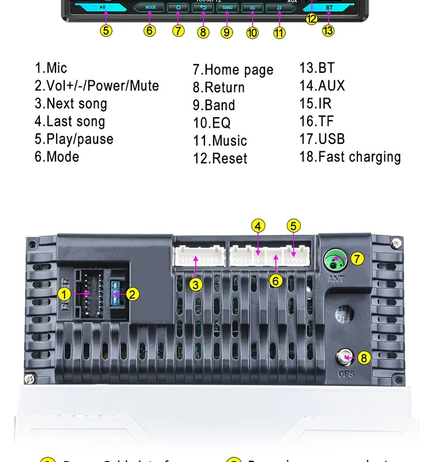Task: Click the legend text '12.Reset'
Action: click(220, 158)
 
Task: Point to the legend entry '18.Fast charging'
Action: click(350, 157)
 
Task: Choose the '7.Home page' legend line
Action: click(233, 70)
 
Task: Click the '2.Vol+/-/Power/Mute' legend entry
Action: click(96, 86)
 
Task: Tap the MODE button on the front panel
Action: click(150, 8)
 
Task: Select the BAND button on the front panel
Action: click(227, 8)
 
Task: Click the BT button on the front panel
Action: click(329, 8)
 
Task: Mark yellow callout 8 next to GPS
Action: click(364, 357)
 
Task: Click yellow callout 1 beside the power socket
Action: click(65, 294)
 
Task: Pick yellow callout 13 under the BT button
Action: click(328, 30)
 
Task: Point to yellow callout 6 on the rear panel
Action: click(277, 281)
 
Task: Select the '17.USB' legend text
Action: click(322, 139)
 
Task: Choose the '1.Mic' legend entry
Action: click(51, 68)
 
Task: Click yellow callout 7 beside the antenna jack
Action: click(358, 258)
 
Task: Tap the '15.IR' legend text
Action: click(315, 103)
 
